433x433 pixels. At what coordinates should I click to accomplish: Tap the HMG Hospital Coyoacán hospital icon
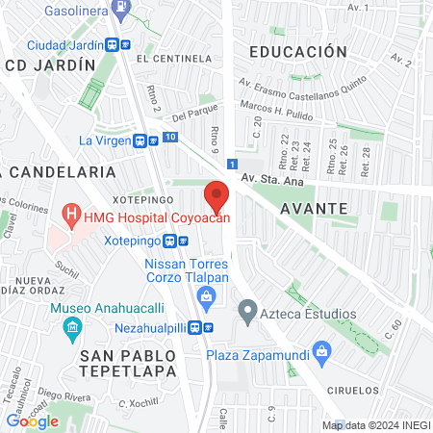[69, 212]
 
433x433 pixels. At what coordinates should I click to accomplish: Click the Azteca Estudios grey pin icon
[247, 313]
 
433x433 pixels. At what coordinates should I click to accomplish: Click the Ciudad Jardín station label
[65, 44]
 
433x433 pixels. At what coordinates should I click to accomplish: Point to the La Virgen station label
[105, 140]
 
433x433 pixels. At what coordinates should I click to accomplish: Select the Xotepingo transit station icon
[170, 241]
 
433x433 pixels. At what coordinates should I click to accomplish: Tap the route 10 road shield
[169, 139]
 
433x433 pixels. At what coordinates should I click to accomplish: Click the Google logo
[33, 420]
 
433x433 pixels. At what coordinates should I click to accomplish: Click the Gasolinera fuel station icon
[119, 11]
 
